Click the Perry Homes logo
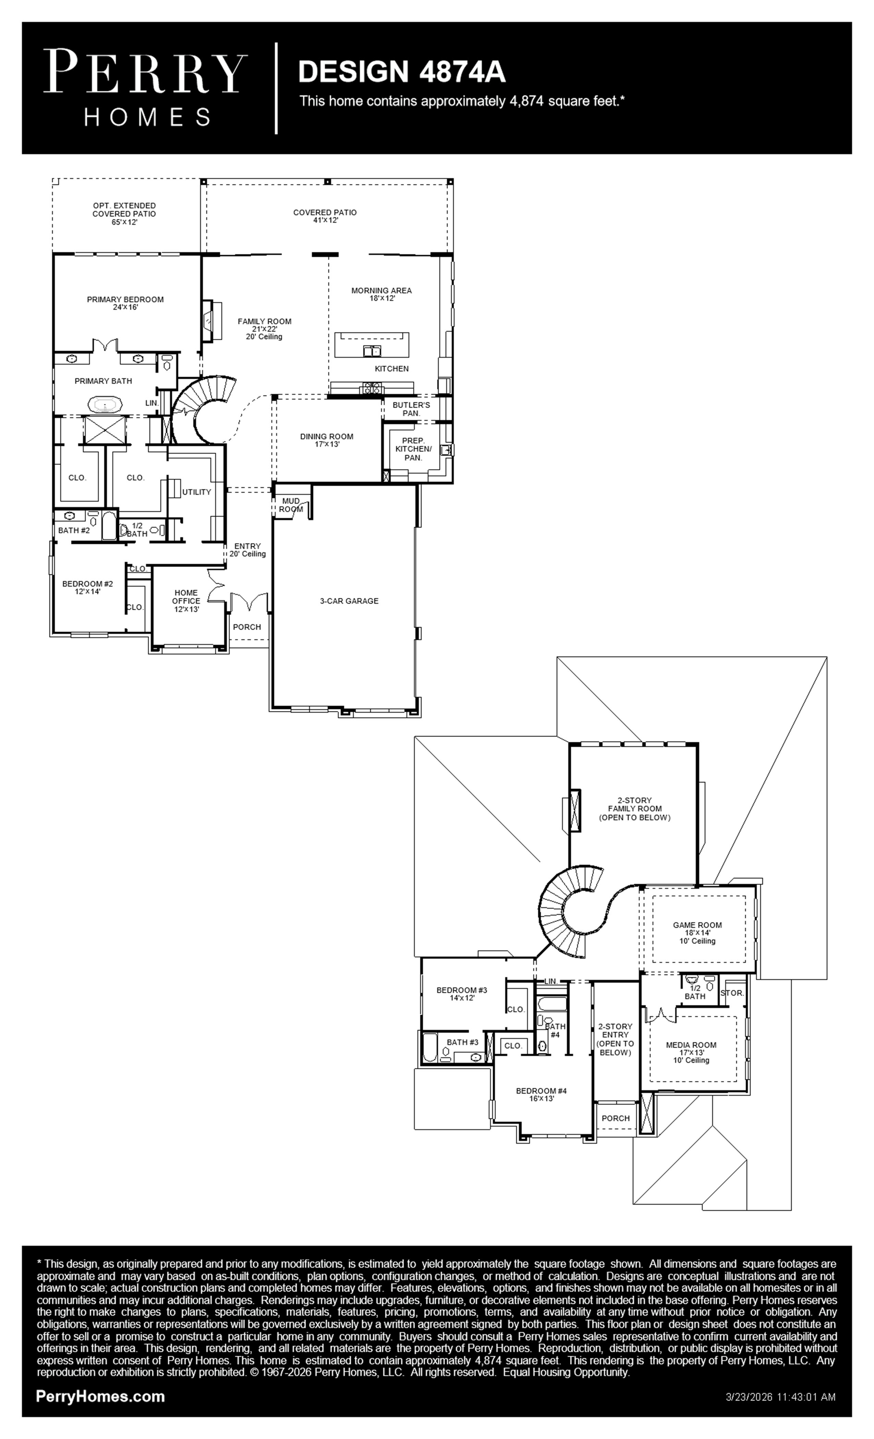[x=145, y=88]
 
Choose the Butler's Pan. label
[x=411, y=409]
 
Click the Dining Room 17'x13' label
[x=327, y=440]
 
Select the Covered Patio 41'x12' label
[x=325, y=216]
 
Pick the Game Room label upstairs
[x=697, y=933]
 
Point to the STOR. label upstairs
[x=732, y=993]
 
